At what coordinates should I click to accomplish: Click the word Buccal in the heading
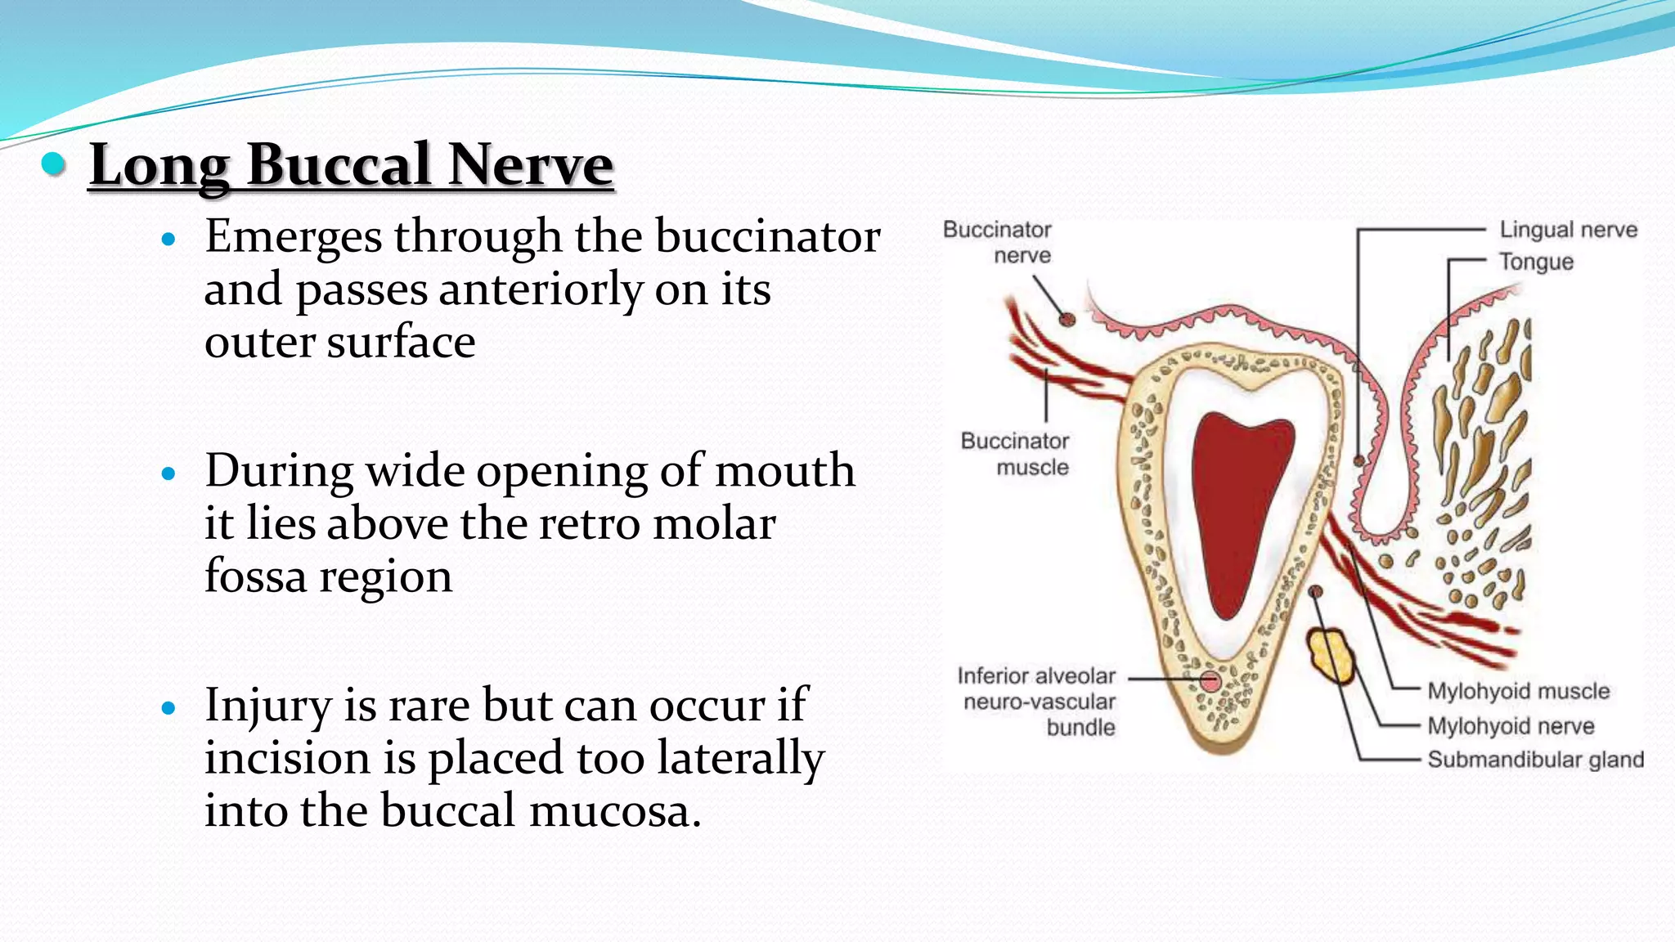pos(338,165)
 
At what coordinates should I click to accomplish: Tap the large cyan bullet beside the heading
pos(54,164)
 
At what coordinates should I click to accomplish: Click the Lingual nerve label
pos(1568,230)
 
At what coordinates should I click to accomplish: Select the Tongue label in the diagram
pos(1535,262)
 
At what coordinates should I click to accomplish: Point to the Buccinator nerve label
pos(997,242)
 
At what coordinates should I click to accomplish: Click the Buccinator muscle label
pos(1015,454)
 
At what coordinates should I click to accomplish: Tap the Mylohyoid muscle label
pos(1518,691)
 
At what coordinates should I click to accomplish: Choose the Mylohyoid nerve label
pos(1511,726)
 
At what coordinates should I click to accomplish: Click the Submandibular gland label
pos(1535,760)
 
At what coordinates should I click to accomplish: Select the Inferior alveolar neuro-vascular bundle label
pos(1038,702)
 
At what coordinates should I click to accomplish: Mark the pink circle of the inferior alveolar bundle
pos(1210,680)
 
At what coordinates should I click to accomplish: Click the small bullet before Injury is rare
pos(169,708)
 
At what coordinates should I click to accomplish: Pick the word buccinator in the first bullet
pos(767,237)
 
